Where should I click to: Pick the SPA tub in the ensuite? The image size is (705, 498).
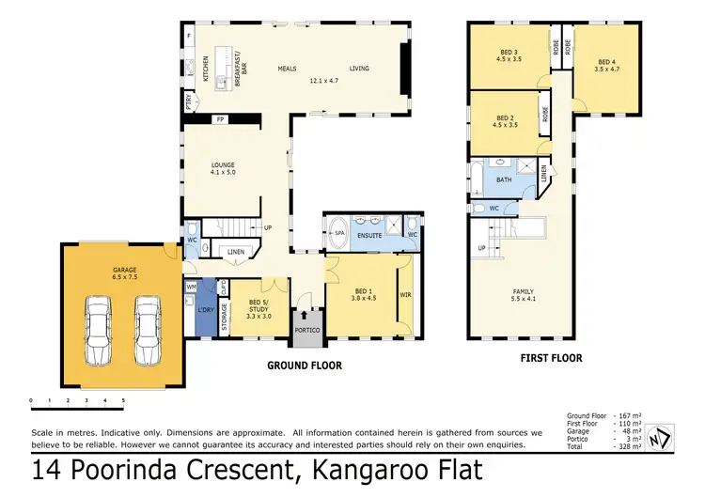point(337,234)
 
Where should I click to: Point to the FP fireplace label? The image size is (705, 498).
point(220,120)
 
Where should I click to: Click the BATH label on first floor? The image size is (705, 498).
point(504,179)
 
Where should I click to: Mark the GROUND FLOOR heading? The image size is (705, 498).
point(304,366)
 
